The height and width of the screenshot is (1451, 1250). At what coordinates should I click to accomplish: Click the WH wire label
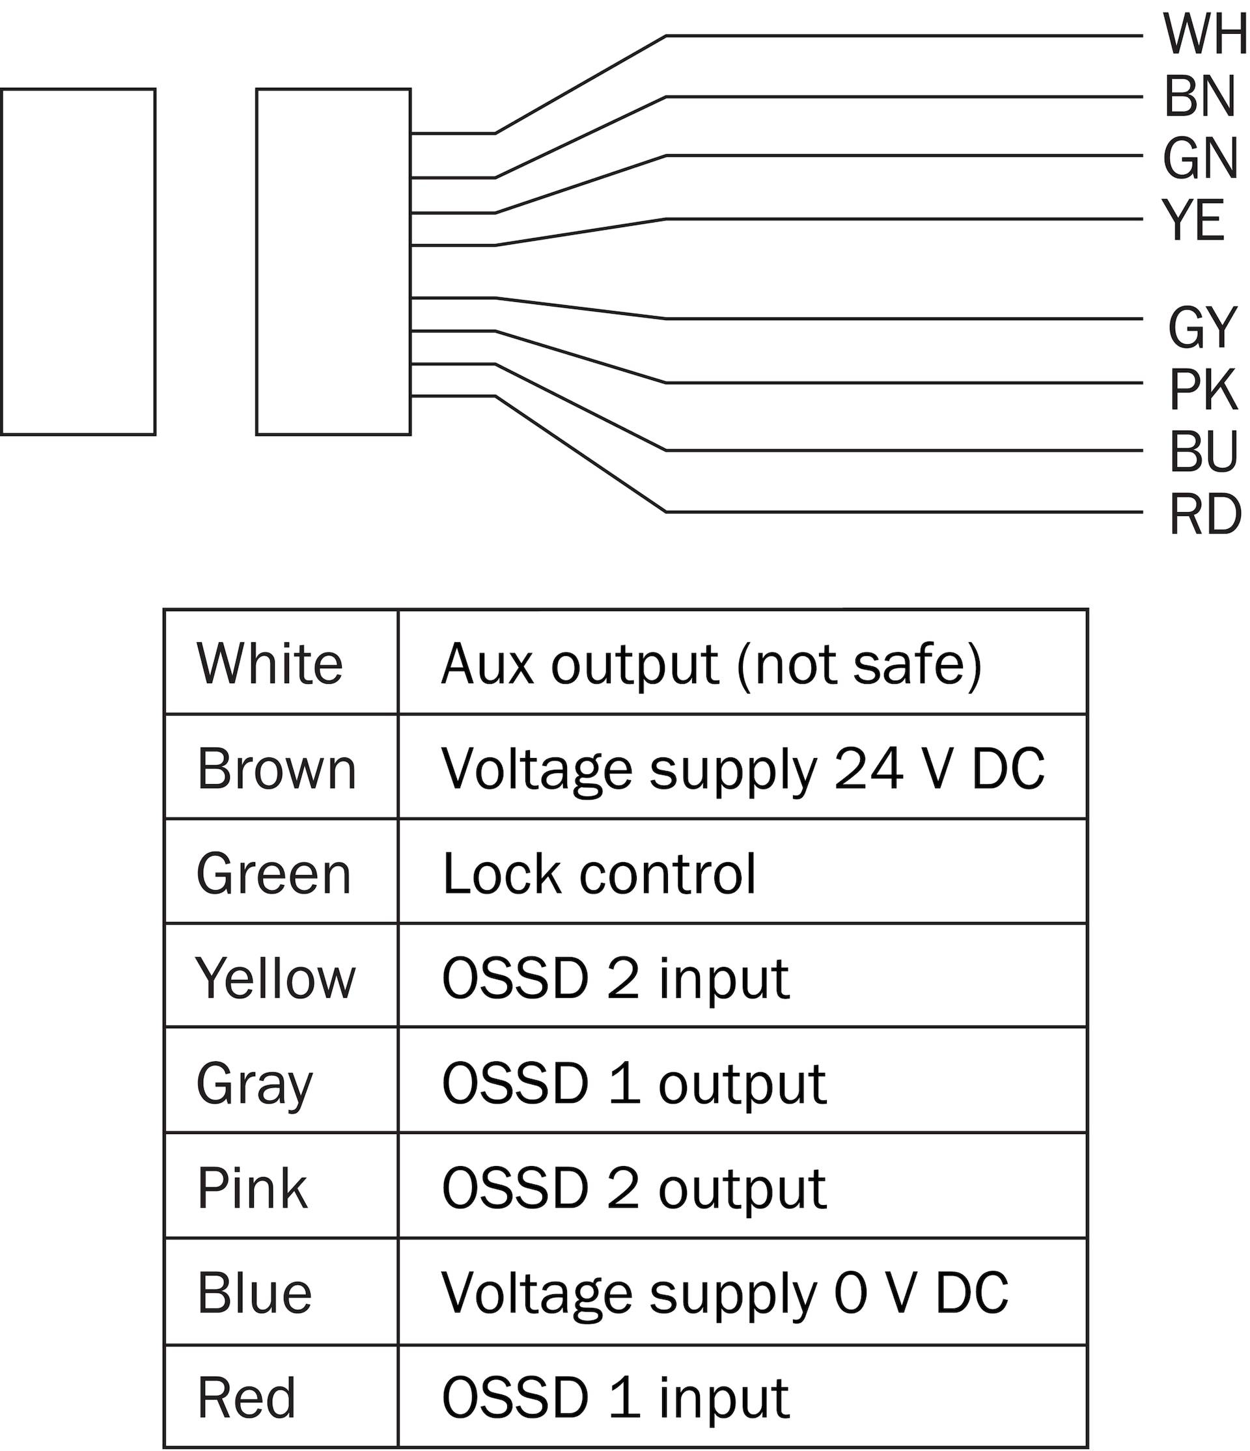pyautogui.click(x=1205, y=34)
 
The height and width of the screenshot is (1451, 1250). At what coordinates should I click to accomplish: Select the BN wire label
pyautogui.click(x=1200, y=97)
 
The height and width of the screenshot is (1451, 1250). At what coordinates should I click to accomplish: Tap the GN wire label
pyautogui.click(x=1201, y=158)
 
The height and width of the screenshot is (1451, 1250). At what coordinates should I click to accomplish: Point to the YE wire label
pyautogui.click(x=1193, y=220)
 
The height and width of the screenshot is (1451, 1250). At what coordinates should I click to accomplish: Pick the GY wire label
pyautogui.click(x=1202, y=328)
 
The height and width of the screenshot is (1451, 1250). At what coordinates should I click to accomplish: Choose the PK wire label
pyautogui.click(x=1203, y=390)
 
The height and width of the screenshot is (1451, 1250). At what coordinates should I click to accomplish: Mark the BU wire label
pyautogui.click(x=1204, y=452)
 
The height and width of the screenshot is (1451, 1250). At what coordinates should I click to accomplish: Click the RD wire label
pyautogui.click(x=1205, y=515)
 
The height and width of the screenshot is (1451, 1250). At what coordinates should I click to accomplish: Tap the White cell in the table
pyautogui.click(x=281, y=662)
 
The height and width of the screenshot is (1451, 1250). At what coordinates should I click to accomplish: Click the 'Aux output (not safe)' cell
pyautogui.click(x=743, y=662)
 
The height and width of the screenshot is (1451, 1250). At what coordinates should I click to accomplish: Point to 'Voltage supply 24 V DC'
pyautogui.click(x=743, y=768)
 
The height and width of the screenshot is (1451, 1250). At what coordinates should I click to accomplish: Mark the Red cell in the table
pyautogui.click(x=281, y=1396)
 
